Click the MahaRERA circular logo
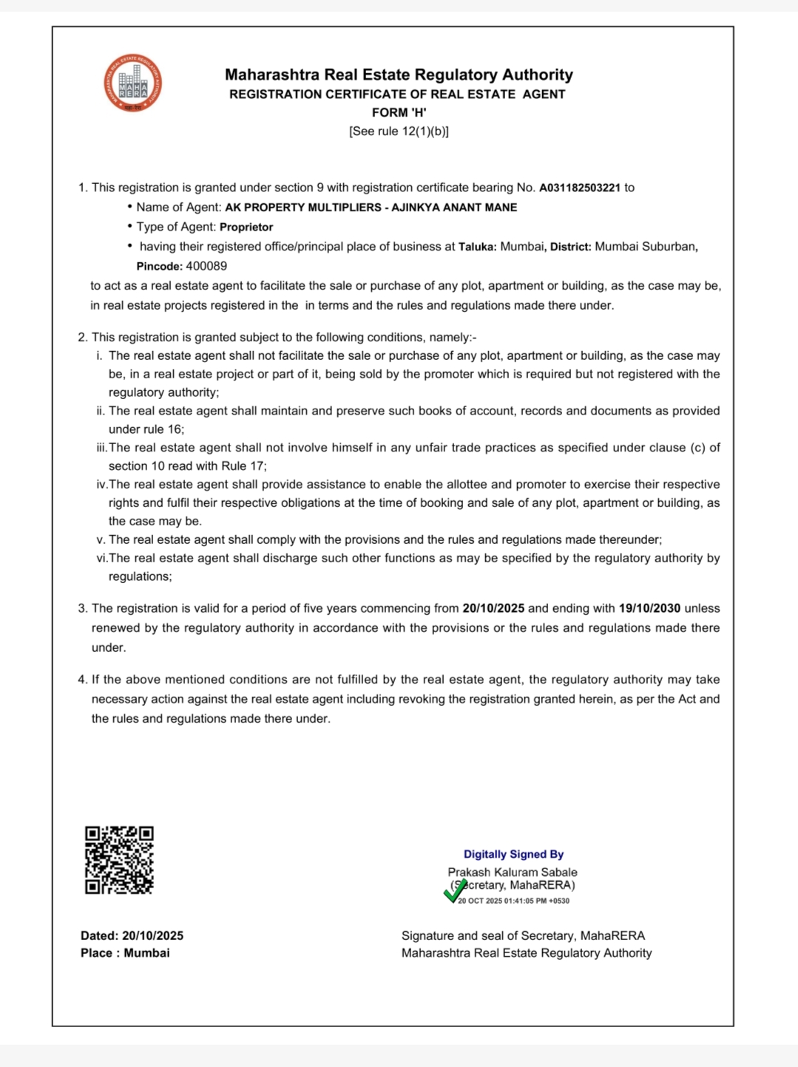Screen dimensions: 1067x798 tap(133, 83)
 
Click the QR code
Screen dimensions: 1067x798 tap(119, 860)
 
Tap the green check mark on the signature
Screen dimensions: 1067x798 tap(456, 890)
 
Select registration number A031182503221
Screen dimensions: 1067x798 tap(580, 188)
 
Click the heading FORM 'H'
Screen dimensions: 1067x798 tap(399, 112)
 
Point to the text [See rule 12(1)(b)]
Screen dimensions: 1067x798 tap(399, 131)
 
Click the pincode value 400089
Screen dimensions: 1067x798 tap(206, 266)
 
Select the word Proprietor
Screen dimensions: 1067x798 tap(246, 227)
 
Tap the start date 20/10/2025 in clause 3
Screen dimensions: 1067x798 tap(493, 608)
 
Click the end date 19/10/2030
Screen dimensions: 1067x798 tap(649, 608)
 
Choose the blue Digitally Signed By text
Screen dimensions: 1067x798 tap(513, 854)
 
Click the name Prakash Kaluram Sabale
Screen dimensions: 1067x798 tap(513, 872)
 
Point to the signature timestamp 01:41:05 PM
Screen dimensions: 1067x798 tap(527, 901)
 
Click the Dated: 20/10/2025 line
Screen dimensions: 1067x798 tap(132, 935)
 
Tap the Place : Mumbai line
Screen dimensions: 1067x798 tap(125, 953)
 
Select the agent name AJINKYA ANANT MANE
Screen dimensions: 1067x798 tap(454, 208)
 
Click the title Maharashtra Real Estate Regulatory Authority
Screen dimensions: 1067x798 tap(399, 75)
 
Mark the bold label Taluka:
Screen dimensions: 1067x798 tap(478, 247)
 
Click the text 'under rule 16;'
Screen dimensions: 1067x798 tap(146, 429)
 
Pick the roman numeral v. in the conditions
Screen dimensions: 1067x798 tap(101, 540)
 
